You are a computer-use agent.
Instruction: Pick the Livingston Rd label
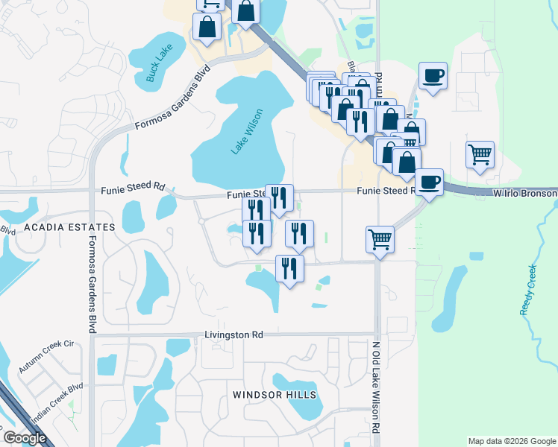[233, 335]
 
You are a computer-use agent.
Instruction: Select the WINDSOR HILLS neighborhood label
[274, 394]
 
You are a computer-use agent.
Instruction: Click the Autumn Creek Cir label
[47, 357]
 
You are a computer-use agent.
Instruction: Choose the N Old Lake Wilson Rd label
[376, 388]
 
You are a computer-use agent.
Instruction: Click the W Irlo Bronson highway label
[525, 193]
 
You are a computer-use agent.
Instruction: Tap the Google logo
[25, 438]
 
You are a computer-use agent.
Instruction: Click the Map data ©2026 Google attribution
[512, 441]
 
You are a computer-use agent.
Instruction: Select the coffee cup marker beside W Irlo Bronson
[429, 181]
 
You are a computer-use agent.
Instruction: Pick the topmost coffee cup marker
[433, 74]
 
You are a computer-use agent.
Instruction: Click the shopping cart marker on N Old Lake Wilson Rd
[380, 240]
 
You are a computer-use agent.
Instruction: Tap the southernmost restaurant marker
[289, 267]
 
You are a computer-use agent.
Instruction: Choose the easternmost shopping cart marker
[480, 155]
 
